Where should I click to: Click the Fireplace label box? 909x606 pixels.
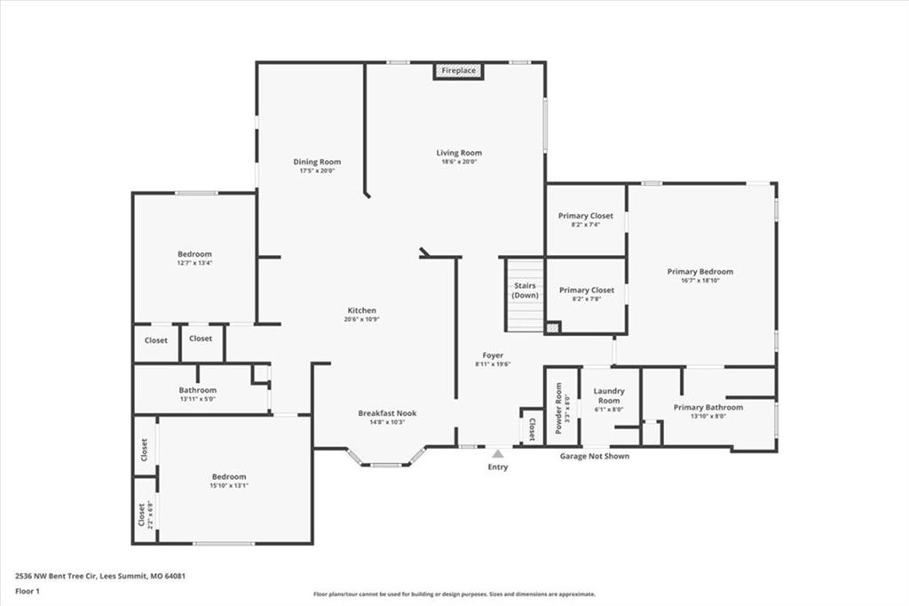point(459,71)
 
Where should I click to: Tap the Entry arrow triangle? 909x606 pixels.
point(497,453)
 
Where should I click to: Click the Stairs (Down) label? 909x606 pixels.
point(526,291)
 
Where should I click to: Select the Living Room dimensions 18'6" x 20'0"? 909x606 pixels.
point(459,162)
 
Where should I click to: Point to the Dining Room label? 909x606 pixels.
point(317,162)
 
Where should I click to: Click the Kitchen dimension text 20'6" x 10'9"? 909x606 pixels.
point(362,319)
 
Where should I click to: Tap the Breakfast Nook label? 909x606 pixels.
point(387,413)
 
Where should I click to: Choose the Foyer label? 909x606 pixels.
point(493,355)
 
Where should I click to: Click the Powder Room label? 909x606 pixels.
point(559,408)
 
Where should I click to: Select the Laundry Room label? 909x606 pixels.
point(609,396)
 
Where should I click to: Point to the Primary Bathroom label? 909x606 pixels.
point(707,408)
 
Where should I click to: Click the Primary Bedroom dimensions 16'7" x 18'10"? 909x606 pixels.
point(700,281)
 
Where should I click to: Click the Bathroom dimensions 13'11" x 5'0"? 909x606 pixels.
point(198,399)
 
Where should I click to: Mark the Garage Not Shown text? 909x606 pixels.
point(594,456)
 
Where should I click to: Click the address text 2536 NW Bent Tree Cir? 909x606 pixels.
point(56,577)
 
